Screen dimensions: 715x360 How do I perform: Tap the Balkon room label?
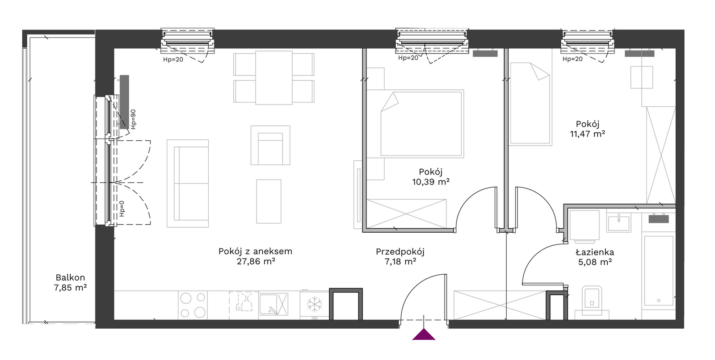70,277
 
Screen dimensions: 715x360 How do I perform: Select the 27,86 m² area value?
256,262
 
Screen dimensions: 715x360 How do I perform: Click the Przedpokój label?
400,252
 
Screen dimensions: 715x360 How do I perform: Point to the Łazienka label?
595,252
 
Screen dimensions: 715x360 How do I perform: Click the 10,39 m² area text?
431,182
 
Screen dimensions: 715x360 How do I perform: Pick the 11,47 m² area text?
587,134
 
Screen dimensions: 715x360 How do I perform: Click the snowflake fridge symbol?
315,304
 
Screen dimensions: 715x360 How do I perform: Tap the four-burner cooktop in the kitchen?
193,306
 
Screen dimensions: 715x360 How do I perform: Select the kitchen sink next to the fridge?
273,304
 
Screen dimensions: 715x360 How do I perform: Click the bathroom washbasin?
618,223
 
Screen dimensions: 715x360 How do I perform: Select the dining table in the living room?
274,78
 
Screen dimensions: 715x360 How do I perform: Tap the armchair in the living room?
270,145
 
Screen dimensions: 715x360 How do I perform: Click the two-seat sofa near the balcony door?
188,183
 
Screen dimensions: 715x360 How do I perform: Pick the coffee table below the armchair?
269,201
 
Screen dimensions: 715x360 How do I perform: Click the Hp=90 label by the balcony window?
133,119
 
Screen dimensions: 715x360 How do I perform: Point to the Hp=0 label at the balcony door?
122,209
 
